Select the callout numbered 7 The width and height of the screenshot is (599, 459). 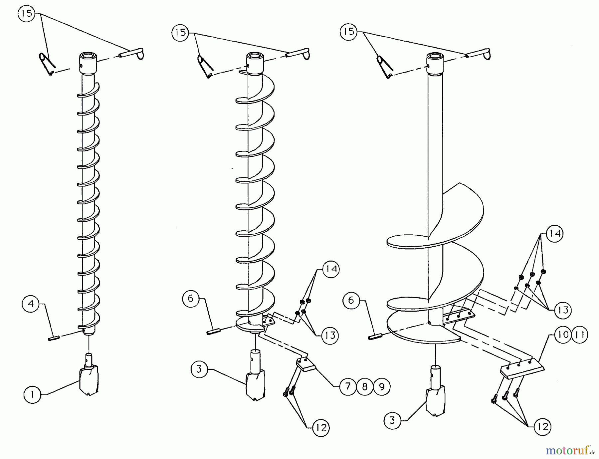pyautogui.click(x=348, y=386)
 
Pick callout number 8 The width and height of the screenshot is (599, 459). pyautogui.click(x=365, y=386)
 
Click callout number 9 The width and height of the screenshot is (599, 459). pyautogui.click(x=382, y=386)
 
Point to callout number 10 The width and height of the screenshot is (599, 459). pyautogui.click(x=563, y=335)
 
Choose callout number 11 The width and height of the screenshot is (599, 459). pyautogui.click(x=580, y=335)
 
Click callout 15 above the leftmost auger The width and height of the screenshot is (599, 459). pyautogui.click(x=27, y=14)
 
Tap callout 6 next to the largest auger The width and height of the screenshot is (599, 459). pyautogui.click(x=351, y=300)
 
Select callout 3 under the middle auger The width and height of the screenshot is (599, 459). pyautogui.click(x=199, y=369)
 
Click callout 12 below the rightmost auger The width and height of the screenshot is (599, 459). pyautogui.click(x=543, y=426)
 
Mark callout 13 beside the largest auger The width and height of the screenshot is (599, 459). pyautogui.click(x=563, y=310)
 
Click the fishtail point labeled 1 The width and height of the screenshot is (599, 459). pyautogui.click(x=89, y=379)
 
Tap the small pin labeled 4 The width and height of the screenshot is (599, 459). pyautogui.click(x=54, y=339)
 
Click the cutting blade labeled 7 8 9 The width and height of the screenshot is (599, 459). pyautogui.click(x=305, y=364)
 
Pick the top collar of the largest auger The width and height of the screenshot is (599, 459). pyautogui.click(x=435, y=63)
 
